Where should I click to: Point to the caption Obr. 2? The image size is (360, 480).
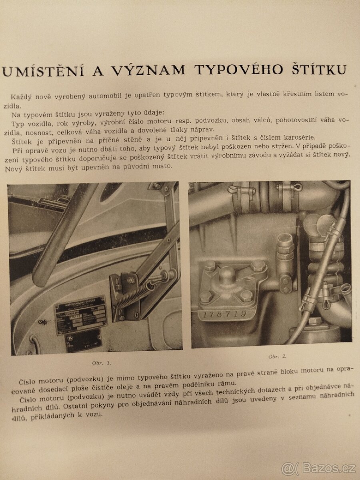tap(277, 356)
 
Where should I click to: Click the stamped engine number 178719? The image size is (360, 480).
tap(224, 314)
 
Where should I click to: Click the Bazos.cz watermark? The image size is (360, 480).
tap(318, 468)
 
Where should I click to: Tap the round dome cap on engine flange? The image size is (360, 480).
tap(227, 275)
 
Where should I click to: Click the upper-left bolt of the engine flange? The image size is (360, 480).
tap(210, 266)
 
